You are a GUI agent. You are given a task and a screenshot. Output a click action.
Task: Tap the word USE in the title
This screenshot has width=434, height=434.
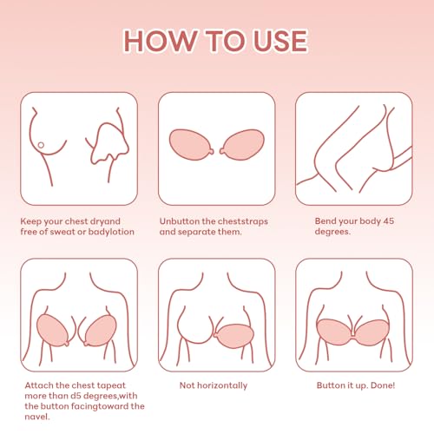click(277, 40)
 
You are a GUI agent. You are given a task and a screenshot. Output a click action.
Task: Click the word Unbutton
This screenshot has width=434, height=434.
click(181, 221)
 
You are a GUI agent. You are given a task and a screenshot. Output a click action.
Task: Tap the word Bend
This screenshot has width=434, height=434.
click(325, 221)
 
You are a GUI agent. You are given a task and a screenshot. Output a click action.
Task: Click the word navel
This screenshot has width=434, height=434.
click(36, 417)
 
